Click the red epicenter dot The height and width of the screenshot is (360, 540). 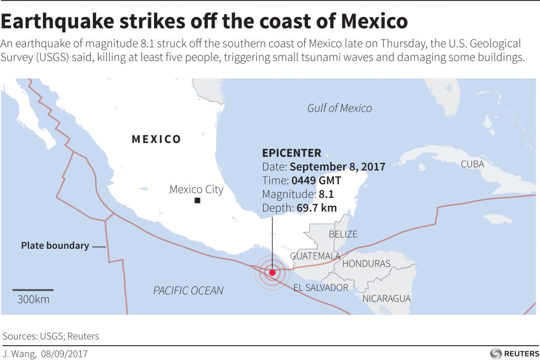point(272,273)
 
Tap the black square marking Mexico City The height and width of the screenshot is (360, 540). point(197,201)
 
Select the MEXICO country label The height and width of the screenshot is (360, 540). point(156,140)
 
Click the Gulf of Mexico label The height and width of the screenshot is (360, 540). point(339,108)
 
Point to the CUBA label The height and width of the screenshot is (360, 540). point(472,164)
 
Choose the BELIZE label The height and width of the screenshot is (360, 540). point(343,234)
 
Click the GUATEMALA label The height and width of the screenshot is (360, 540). point(315,256)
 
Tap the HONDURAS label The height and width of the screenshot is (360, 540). point(366,264)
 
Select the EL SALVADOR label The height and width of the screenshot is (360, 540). point(321,287)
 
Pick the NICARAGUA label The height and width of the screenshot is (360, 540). point(386,298)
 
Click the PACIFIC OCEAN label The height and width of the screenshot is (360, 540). point(188,290)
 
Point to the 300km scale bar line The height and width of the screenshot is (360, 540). point(33,289)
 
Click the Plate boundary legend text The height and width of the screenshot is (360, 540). point(55,246)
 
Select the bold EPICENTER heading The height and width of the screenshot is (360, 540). point(291,153)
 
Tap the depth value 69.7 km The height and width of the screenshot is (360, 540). point(316,208)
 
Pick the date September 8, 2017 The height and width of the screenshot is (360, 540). point(337,167)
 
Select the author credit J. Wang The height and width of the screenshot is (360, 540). point(19,353)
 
